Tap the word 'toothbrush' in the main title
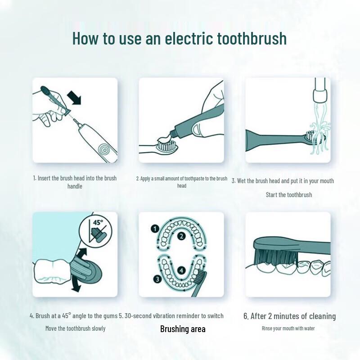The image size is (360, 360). click(x=252, y=38)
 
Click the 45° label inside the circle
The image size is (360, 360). click(x=97, y=222)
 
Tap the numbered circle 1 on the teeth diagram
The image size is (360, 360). click(x=154, y=229)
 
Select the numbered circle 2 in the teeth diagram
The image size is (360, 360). click(x=181, y=236)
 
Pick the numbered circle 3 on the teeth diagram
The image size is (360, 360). click(x=156, y=279)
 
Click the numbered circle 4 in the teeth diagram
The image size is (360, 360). click(x=181, y=270)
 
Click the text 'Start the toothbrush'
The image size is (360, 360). click(x=288, y=195)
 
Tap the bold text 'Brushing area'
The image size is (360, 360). click(x=183, y=329)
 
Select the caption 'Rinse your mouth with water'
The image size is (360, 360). click(x=288, y=328)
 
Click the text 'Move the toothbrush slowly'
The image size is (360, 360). click(x=75, y=328)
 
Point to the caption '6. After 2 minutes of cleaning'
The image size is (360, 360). click(x=289, y=316)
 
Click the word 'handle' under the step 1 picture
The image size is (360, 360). click(x=75, y=186)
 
